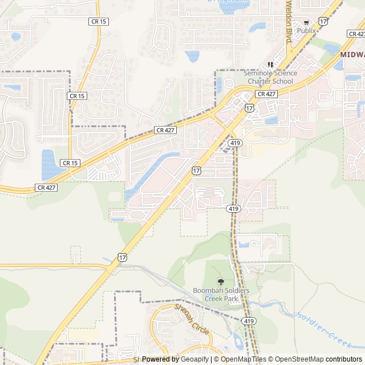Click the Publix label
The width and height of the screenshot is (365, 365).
[306, 30]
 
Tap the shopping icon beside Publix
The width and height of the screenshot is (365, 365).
[306, 22]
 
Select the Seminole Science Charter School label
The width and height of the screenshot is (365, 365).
[270, 77]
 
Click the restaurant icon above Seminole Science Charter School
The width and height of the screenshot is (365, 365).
[271, 64]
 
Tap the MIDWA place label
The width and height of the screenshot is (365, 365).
[352, 55]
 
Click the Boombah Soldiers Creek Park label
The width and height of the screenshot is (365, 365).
[221, 294]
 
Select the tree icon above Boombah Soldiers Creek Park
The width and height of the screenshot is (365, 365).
[221, 282]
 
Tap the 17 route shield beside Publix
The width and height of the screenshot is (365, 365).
[323, 21]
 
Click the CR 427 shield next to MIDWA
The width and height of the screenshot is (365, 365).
[355, 34]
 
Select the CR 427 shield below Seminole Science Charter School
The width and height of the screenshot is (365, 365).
[266, 94]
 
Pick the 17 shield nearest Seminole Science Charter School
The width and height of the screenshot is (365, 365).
[249, 108]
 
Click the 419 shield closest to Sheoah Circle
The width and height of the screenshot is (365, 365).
[249, 322]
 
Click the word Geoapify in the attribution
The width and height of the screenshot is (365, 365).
[195, 359]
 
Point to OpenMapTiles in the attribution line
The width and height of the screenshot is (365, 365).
[243, 359]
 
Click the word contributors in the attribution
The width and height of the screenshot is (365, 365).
[344, 359]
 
